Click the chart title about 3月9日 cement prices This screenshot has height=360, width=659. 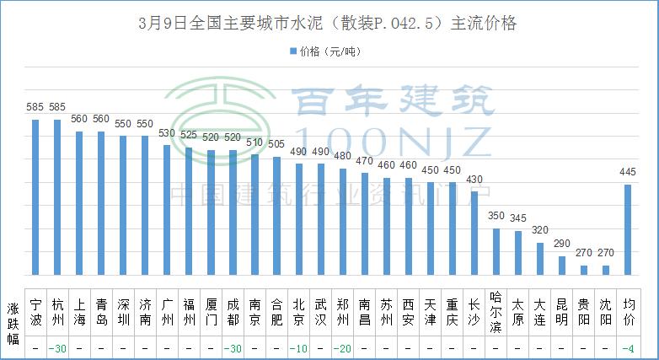pos(329,24)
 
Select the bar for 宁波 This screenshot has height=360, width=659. pos(35,197)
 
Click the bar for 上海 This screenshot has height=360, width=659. pos(79,203)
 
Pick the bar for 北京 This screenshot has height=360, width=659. pos(298,219)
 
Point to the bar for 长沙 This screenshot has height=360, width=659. pos(474,233)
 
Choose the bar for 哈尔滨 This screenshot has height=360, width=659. pos(496,251)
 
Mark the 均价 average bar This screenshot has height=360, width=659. pos(627,229)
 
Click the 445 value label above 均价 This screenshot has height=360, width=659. pos(627,173)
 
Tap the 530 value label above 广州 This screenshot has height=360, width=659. pos(167,133)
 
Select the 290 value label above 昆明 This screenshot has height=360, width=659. pos(561,244)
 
